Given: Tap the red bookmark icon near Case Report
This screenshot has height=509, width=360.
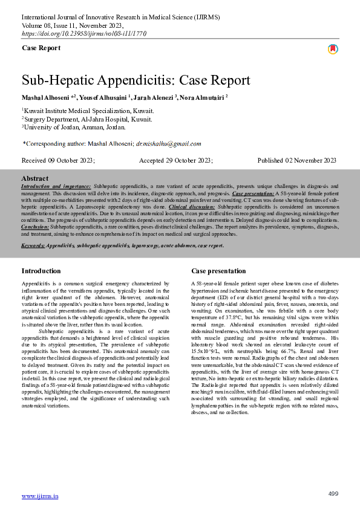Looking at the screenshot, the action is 333,49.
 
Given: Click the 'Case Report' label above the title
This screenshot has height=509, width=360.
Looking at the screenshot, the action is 41,48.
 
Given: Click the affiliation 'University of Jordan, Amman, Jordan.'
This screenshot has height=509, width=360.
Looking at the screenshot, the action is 75,127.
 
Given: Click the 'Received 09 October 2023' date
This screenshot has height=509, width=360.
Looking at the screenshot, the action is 58,160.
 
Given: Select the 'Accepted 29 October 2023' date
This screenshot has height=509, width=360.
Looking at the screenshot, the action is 175,160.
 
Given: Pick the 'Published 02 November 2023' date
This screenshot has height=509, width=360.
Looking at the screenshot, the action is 296,160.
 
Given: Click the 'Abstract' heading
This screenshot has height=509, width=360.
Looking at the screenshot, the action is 34,179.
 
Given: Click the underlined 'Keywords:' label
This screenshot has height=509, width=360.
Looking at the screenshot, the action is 33,246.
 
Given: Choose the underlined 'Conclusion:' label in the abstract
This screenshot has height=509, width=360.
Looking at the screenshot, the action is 35,227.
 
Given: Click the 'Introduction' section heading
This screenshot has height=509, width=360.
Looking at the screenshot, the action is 41,271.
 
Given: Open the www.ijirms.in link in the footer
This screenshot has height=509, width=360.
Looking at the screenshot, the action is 40,496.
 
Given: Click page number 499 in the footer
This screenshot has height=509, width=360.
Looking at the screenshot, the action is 333,494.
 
